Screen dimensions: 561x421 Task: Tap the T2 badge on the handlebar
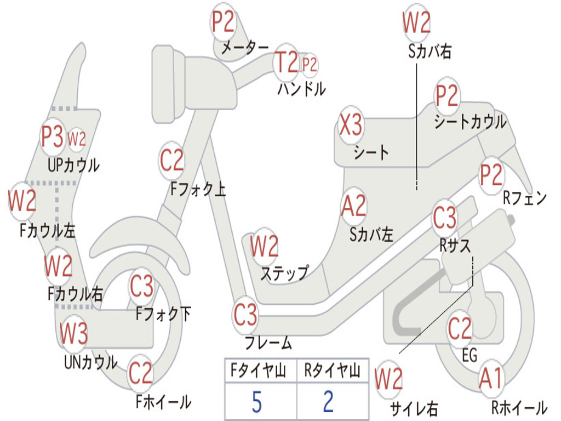pos(286,62)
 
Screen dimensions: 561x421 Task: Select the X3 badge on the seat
pos(351,126)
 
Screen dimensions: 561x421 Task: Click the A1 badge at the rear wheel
pos(490,378)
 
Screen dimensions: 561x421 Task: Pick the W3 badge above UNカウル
pos(73,333)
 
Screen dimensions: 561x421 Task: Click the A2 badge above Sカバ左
pos(353,206)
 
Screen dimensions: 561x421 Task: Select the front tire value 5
pos(256,402)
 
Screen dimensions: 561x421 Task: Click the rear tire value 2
pos(328,402)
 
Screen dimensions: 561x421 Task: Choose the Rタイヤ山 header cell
pos(332,372)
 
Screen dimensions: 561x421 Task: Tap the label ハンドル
pos(301,89)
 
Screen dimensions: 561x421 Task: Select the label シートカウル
pos(470,122)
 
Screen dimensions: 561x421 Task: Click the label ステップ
pos(284,273)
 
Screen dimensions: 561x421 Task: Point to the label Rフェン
pos(525,198)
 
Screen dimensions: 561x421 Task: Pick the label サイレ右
pos(414,408)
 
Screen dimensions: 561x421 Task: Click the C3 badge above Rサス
pos(444,218)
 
